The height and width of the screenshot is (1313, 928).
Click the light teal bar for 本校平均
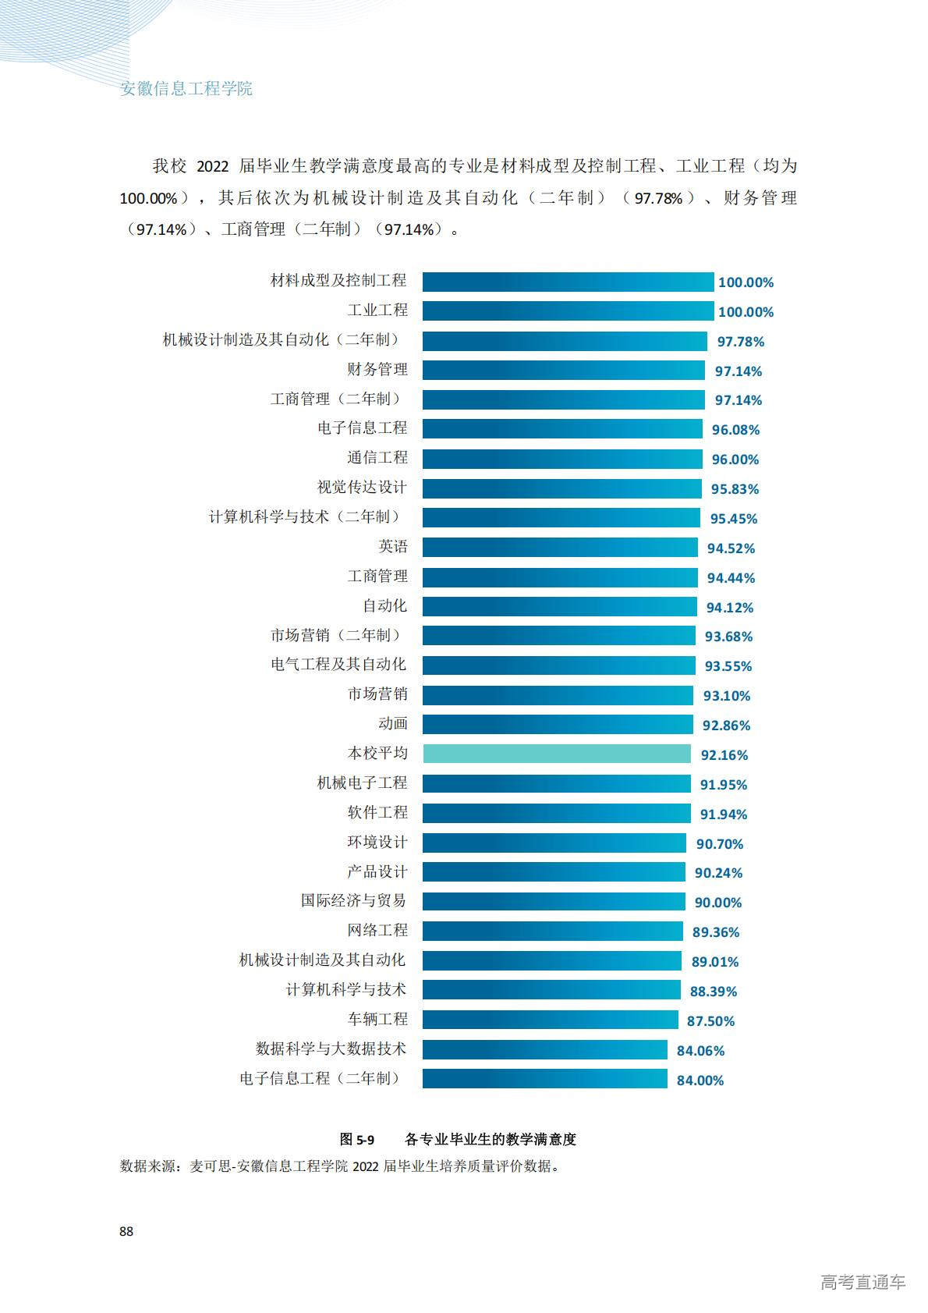click(556, 754)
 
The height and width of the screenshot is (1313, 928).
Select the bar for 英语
click(560, 547)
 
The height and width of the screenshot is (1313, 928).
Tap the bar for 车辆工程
click(550, 1020)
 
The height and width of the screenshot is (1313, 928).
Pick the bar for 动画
click(558, 724)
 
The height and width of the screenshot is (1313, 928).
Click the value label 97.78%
click(740, 342)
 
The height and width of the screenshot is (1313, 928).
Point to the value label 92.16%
click(724, 755)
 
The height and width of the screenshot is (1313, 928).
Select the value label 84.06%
click(700, 1051)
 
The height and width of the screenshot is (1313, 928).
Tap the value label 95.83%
click(735, 489)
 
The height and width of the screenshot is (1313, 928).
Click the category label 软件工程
click(377, 812)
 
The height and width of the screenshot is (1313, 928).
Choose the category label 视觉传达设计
click(362, 488)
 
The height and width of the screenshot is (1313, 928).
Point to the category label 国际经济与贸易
click(354, 901)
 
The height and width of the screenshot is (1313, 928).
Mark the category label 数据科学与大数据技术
click(331, 1049)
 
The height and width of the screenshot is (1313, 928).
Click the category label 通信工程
click(377, 458)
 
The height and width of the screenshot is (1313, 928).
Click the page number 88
click(126, 1231)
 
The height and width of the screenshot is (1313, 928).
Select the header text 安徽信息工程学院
click(186, 88)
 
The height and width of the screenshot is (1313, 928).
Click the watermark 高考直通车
click(862, 1282)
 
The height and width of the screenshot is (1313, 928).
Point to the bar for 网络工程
click(552, 931)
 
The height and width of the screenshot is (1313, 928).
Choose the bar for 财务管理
click(563, 370)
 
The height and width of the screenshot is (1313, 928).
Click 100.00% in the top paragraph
click(149, 198)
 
